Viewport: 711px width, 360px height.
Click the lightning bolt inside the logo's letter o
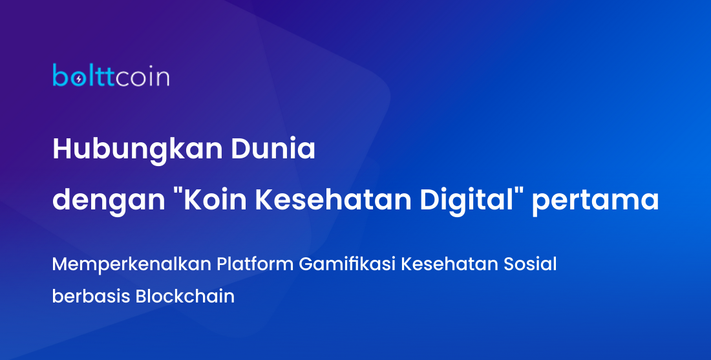[79, 79]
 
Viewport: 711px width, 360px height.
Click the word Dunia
[273, 149]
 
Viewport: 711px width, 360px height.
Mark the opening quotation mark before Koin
[177, 192]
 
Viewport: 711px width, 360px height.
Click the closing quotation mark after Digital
[519, 192]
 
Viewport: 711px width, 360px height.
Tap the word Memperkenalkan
[131, 264]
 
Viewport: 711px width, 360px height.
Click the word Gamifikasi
[347, 264]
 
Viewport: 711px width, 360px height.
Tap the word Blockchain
[185, 296]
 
